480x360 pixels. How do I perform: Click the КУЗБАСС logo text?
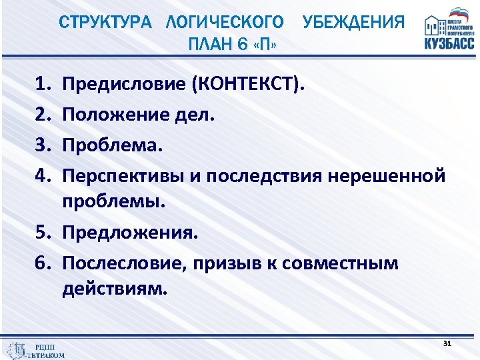click(x=449, y=43)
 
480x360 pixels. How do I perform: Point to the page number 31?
click(x=447, y=343)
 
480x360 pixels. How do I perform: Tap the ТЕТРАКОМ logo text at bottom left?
click(x=45, y=355)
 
